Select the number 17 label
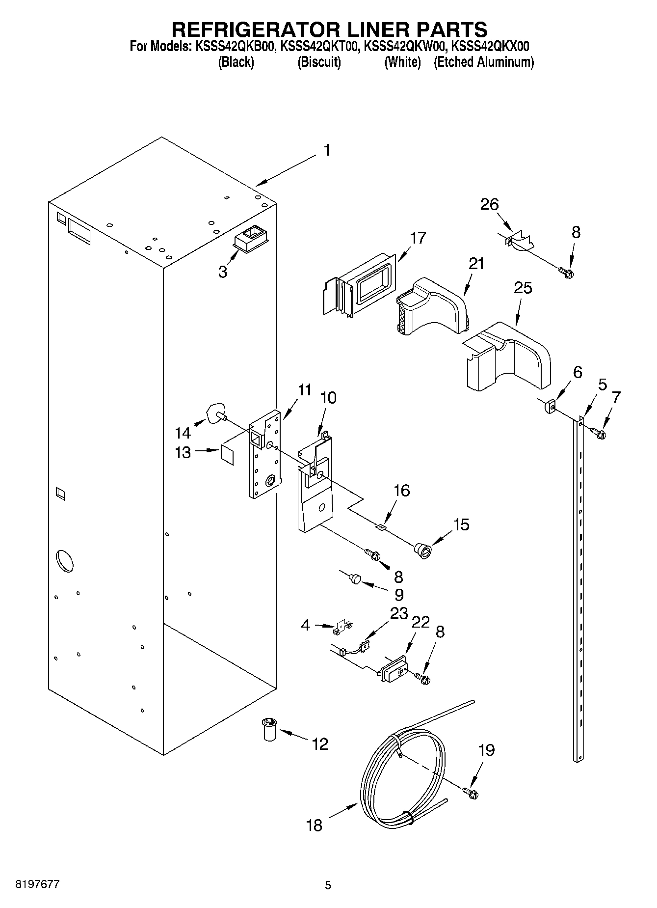coord(418,238)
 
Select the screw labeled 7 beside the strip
coord(598,433)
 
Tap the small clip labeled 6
coord(549,407)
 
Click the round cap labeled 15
coord(422,550)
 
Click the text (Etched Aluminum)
coord(483,62)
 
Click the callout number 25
coord(523,287)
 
